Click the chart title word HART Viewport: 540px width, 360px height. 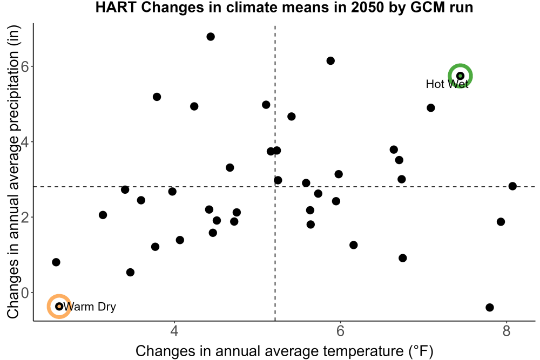tap(117, 7)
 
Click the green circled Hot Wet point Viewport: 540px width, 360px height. tap(460, 76)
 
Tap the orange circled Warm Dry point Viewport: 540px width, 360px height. tap(59, 307)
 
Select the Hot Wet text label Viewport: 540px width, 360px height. tap(447, 84)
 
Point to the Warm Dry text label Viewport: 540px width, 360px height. tap(90, 307)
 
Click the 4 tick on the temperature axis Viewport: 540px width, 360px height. tap(174, 331)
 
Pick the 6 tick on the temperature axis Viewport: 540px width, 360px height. tap(340, 331)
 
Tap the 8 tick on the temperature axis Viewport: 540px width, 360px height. tap(507, 331)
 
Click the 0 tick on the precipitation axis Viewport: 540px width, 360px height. tap(25, 293)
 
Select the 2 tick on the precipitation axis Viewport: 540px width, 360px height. tap(25, 217)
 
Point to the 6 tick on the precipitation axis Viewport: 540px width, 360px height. tap(25, 66)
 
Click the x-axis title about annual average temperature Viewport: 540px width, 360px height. tap(285, 351)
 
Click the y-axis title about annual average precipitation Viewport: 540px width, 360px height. tap(13, 172)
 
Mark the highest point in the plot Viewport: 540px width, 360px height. tap(211, 37)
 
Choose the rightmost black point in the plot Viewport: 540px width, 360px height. tap(512, 186)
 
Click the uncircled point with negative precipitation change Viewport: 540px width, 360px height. tap(490, 307)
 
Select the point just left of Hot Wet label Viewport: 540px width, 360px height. tap(430, 108)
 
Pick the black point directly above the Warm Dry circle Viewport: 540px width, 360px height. tap(56, 262)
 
